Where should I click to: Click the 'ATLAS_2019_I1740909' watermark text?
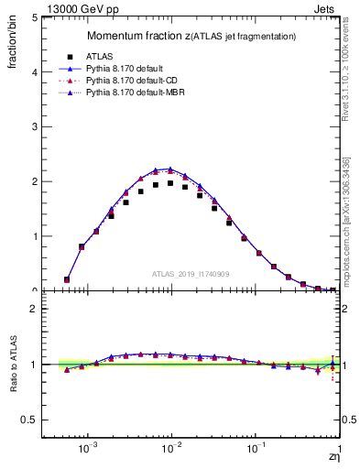191,274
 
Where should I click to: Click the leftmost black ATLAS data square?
67,279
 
